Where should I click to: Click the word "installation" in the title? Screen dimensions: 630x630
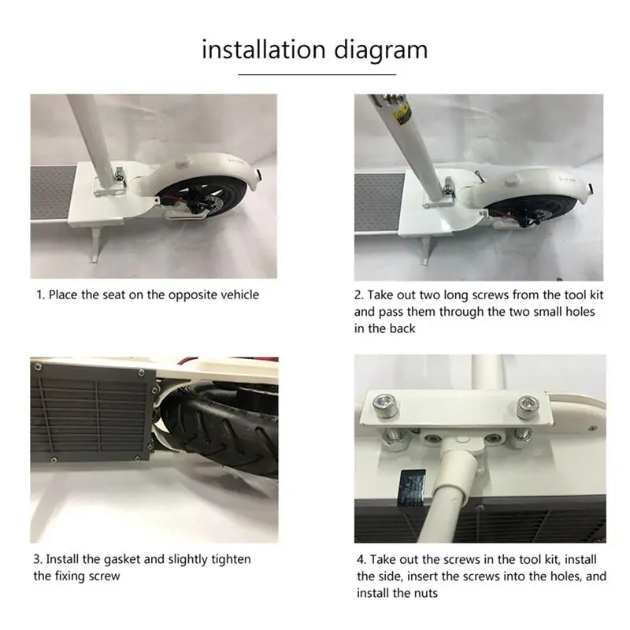[264, 50]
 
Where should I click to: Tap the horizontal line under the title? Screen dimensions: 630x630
[317, 74]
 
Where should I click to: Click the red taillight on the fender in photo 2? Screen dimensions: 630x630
[591, 187]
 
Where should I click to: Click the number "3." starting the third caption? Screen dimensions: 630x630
[38, 560]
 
